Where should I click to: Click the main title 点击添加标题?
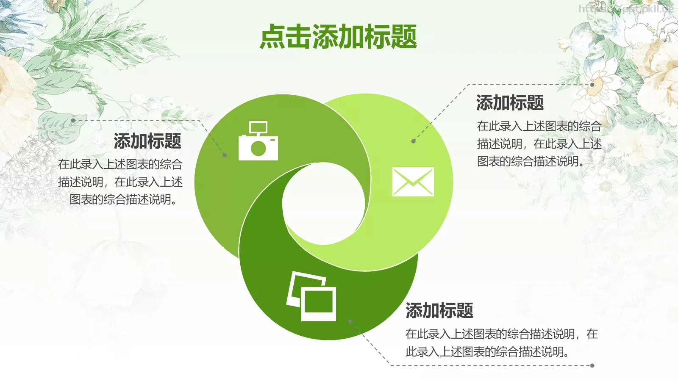338,36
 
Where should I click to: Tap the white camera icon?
258,142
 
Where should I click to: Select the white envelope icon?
413,182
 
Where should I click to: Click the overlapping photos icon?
311,296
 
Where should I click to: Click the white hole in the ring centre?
324,204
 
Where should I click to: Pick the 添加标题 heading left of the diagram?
147,141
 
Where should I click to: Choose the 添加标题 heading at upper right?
510,103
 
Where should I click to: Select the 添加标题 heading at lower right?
439,311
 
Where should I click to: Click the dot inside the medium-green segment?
225,155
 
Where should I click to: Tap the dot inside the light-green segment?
413,141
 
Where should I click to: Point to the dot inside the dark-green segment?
350,322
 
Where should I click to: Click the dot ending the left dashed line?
73,120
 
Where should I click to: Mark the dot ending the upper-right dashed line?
592,85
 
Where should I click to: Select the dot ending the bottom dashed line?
592,365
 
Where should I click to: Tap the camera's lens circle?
258,148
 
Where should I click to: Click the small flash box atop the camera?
258,127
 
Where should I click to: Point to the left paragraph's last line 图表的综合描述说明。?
123,199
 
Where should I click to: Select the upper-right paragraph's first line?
539,126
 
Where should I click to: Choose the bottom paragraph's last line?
487,352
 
